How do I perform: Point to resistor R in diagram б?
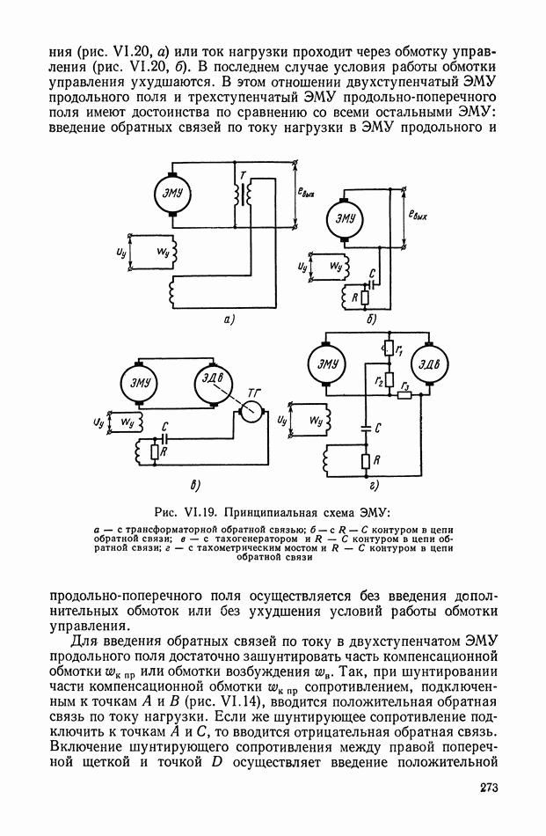365,297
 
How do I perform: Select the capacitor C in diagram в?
164,437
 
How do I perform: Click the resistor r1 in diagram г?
389,348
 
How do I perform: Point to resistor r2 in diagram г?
389,379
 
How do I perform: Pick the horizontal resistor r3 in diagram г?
405,395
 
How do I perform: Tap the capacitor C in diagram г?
366,428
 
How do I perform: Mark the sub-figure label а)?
229,320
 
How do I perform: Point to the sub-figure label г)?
373,485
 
